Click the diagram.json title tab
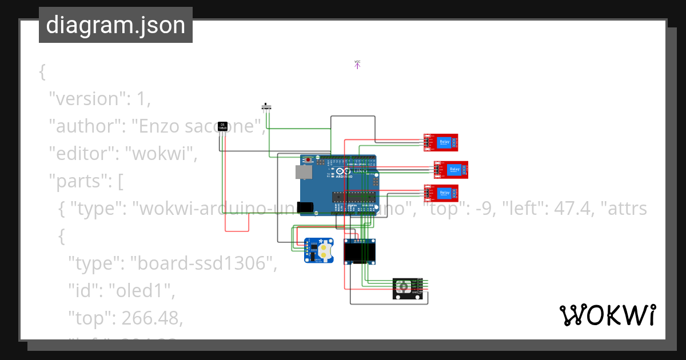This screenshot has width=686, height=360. pyautogui.click(x=115, y=25)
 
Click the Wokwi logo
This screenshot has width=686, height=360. pyautogui.click(x=607, y=315)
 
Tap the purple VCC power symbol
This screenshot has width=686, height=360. pyautogui.click(x=357, y=65)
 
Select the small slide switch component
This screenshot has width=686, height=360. pyautogui.click(x=266, y=106)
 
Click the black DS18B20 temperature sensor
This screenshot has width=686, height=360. pyautogui.click(x=223, y=127)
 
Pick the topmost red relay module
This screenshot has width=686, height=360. pyautogui.click(x=441, y=142)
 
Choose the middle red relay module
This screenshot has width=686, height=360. pyautogui.click(x=451, y=169)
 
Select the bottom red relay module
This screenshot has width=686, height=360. pyautogui.click(x=441, y=194)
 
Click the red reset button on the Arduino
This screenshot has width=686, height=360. pyautogui.click(x=309, y=159)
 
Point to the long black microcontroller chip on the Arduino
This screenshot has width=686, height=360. pyautogui.click(x=354, y=197)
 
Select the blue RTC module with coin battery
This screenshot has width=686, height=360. pyautogui.click(x=318, y=250)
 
